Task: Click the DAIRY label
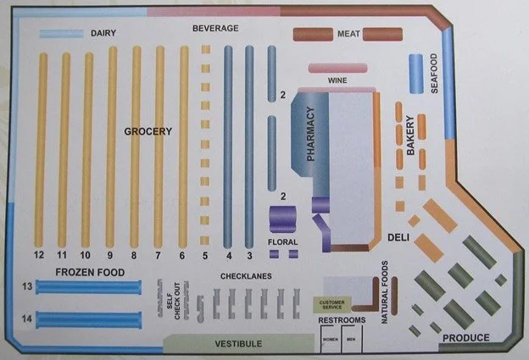coord(103,34)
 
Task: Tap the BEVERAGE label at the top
coord(215,28)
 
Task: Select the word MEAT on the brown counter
coord(348,34)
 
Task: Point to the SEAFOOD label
coord(433,75)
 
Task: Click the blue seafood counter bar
coord(415,74)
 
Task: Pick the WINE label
coord(337,80)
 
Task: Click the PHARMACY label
coord(310,135)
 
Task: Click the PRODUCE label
coord(465,338)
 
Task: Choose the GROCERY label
coord(148,131)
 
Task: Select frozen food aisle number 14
coord(27,318)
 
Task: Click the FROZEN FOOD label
coord(90,272)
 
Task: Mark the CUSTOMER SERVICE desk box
coord(331,303)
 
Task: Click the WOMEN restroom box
coord(329,340)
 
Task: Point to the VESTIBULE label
coord(237,344)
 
